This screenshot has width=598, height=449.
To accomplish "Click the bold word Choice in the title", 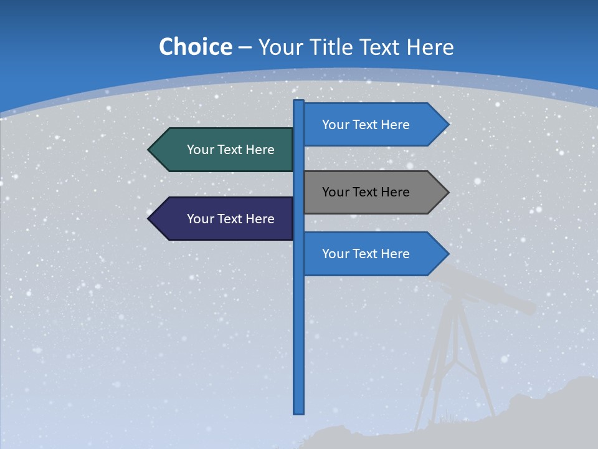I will [x=195, y=47].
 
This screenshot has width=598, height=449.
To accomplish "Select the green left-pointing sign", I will [x=224, y=150].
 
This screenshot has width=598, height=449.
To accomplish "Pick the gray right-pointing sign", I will [x=374, y=192].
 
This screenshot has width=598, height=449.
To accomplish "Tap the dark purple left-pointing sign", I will [x=224, y=219].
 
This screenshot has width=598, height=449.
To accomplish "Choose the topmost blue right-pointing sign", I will [x=374, y=125].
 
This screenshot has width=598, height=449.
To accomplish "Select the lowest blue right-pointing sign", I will [x=374, y=254].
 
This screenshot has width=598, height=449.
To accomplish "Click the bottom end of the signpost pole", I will [x=299, y=412].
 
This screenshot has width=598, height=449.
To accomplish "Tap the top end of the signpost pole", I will [x=299, y=102].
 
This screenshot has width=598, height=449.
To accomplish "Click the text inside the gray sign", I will [x=366, y=192].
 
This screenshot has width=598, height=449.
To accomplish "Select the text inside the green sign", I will [x=230, y=150].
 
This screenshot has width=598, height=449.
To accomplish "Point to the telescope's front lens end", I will [x=529, y=307].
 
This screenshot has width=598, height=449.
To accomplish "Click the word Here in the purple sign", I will [x=260, y=219].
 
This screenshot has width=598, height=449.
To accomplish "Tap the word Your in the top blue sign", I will [x=336, y=125].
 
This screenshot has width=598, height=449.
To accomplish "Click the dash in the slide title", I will [x=245, y=47].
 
